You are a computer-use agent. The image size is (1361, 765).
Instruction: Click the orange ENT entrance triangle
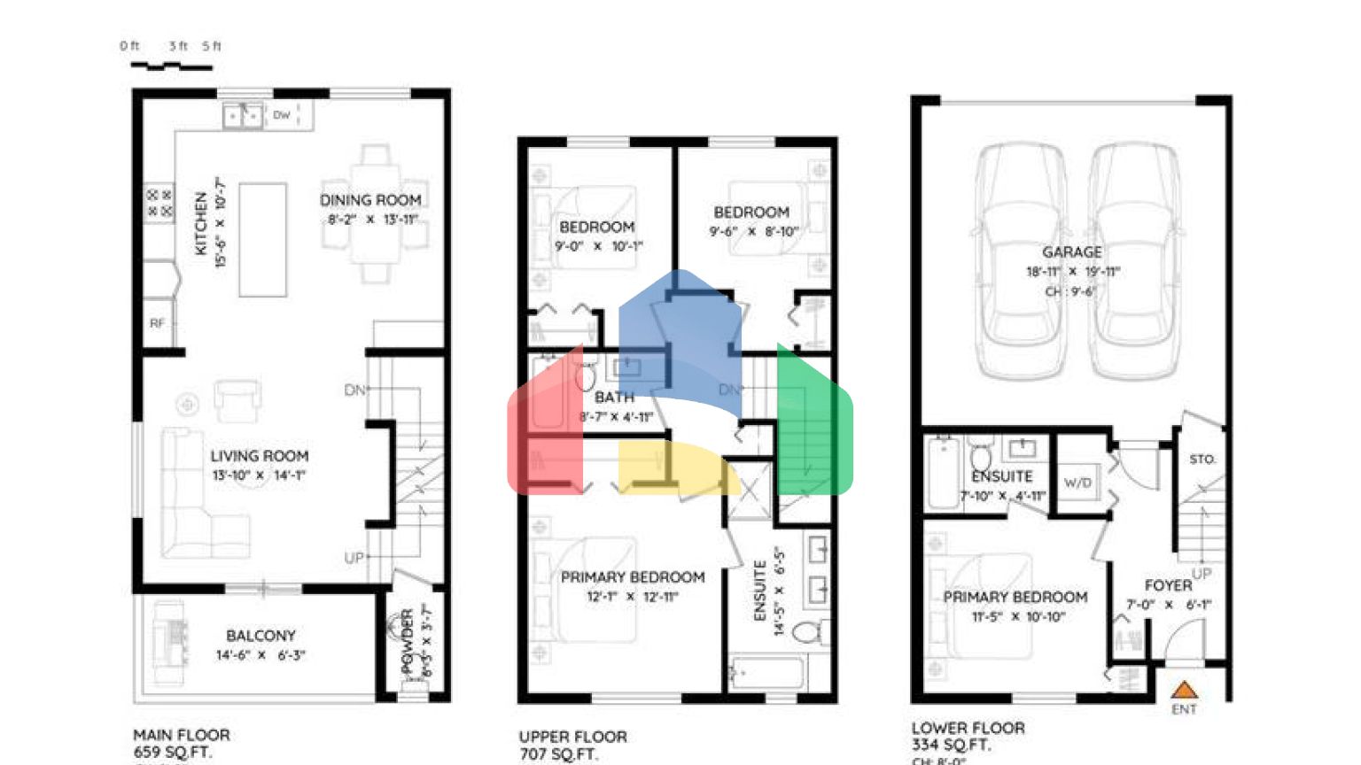tap(1184, 690)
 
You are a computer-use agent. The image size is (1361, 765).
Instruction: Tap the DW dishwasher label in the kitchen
tap(281, 115)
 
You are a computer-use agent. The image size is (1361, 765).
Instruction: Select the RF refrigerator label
tap(157, 323)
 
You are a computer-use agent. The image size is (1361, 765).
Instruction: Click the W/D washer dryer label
tap(1077, 483)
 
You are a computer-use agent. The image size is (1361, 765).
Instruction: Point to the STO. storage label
tap(1202, 459)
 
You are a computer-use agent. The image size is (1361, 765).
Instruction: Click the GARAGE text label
tap(1071, 252)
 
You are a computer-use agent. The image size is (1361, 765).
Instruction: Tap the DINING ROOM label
tap(370, 200)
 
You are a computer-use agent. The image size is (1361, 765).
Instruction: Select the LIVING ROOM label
tap(259, 456)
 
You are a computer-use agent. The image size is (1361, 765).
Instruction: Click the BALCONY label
tap(261, 636)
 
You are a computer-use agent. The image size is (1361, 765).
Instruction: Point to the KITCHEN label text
tap(201, 223)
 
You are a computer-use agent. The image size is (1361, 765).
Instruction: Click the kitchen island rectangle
tap(263, 239)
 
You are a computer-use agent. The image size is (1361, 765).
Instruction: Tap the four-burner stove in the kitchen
tap(159, 203)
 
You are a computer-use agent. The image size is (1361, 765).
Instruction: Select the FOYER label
tap(1168, 585)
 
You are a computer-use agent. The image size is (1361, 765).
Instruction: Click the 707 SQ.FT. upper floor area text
tap(558, 754)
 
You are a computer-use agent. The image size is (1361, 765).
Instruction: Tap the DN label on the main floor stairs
tap(354, 390)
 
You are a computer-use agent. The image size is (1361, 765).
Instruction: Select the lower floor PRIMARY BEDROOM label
tap(1015, 597)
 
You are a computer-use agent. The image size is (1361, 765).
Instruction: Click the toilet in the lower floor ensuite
tap(981, 458)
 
